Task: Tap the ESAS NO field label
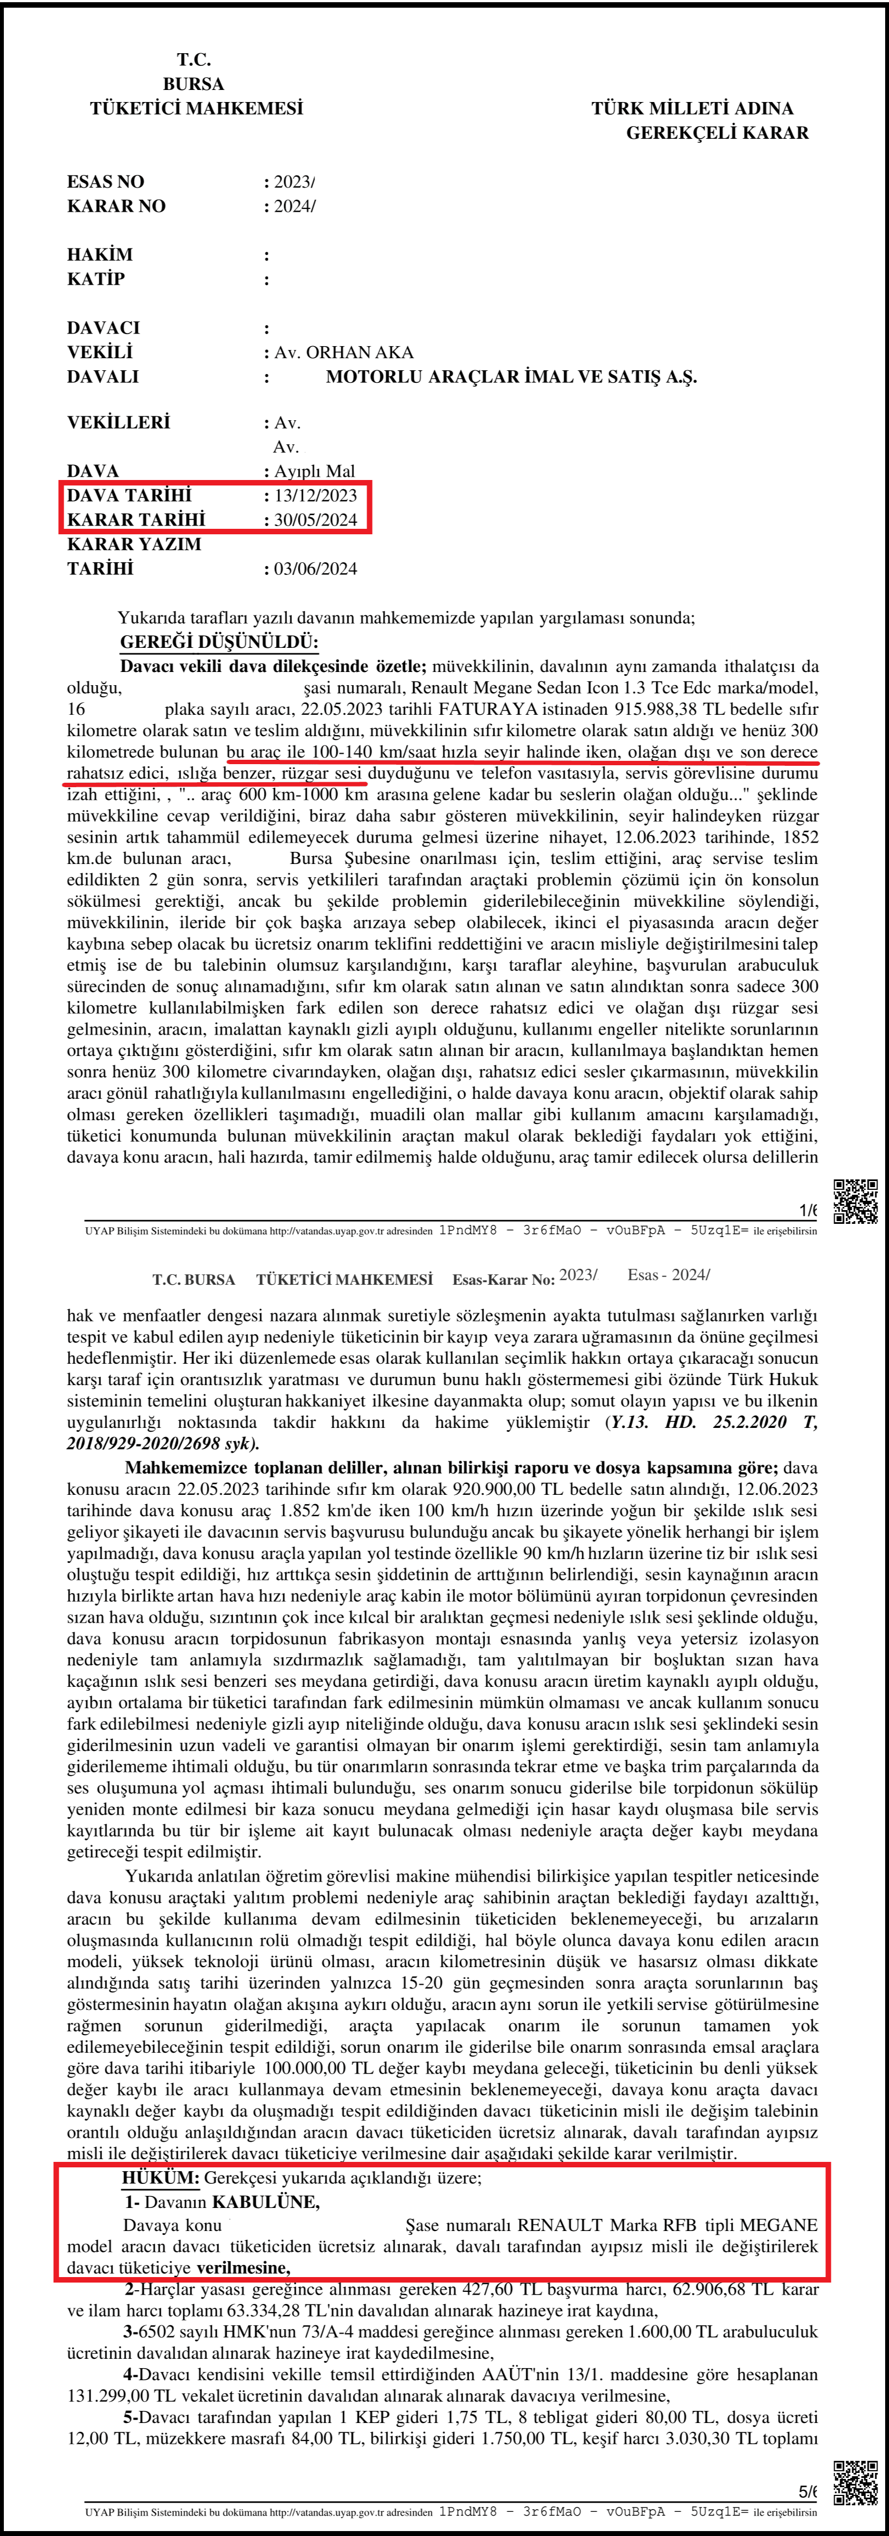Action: pyautogui.click(x=105, y=182)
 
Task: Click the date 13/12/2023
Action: pyautogui.click(x=315, y=495)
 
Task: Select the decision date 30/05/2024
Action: pyautogui.click(x=315, y=520)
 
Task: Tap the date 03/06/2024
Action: pyautogui.click(x=315, y=569)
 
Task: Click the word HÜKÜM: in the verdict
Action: pyautogui.click(x=160, y=2178)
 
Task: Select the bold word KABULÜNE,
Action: pyautogui.click(x=265, y=2201)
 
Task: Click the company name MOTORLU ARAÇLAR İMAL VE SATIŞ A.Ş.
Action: pyautogui.click(x=511, y=377)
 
